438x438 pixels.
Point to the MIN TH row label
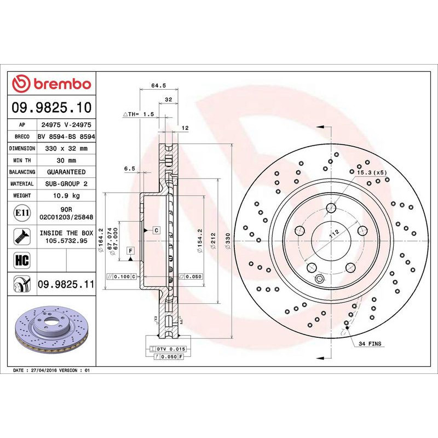(22, 160)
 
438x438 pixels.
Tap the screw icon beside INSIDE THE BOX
(21, 236)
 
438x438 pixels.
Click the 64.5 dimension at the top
(158, 85)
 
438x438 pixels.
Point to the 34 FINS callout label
(371, 344)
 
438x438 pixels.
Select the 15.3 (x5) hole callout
(372, 172)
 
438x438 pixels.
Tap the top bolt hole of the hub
(332, 208)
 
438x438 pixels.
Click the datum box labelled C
(156, 230)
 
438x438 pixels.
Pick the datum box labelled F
(131, 251)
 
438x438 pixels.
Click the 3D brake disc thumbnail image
(53, 332)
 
